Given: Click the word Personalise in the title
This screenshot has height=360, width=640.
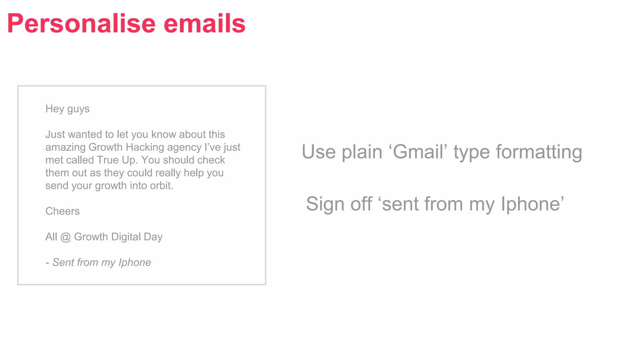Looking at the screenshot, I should point(81,23).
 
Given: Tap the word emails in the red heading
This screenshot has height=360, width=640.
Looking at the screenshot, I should point(204,23).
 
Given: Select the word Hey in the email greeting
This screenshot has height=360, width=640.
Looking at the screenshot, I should point(55,109).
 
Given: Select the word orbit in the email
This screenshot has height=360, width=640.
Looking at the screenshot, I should point(162,186).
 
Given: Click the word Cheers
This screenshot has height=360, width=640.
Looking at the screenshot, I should point(62,211).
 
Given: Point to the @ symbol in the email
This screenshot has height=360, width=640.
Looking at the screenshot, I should point(66,237).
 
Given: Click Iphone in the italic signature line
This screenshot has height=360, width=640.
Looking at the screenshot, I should point(135,262).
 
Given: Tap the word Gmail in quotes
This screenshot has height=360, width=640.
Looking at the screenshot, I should point(418,152).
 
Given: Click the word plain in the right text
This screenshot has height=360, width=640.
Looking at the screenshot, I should point(362,152).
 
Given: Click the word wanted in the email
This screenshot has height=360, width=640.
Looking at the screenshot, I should point(85,134).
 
